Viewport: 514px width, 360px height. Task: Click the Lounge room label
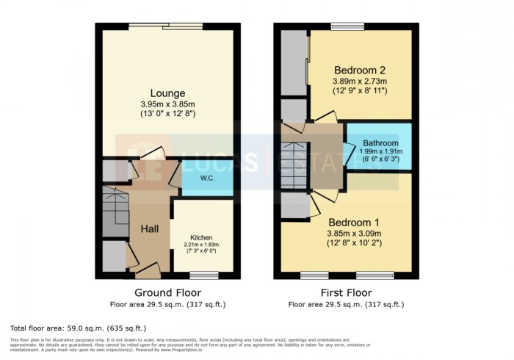coord(168,93)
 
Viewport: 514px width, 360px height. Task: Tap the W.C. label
coord(207,179)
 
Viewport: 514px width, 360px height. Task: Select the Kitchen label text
coord(201,238)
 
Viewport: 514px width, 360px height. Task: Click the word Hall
coord(150,229)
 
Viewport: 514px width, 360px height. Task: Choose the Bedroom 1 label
coord(354,223)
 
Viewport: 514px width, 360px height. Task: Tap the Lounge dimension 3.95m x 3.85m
coord(168,104)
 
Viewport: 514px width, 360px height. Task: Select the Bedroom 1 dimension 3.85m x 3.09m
coord(354,234)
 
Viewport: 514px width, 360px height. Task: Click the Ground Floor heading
coord(167,292)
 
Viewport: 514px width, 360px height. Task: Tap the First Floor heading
coord(346,292)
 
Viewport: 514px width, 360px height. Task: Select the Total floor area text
coord(78,328)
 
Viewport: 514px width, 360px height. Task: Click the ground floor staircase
coord(115,210)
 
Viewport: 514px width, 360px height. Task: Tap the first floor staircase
coord(294,165)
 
